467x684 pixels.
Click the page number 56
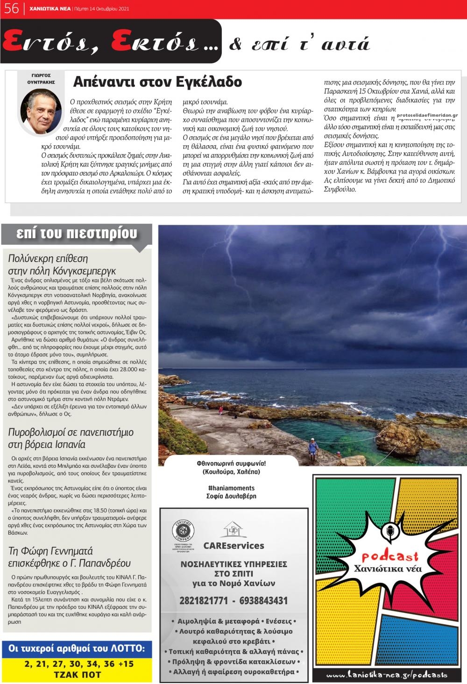tap(11, 8)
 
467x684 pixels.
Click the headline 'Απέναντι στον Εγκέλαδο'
tap(157, 82)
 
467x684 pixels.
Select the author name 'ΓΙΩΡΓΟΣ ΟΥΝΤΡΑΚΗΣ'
tap(41, 78)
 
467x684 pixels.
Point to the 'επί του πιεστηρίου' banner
tap(77, 233)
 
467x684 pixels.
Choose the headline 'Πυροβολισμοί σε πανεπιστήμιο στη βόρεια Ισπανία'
tap(71, 438)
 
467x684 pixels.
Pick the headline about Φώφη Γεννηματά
tap(69, 557)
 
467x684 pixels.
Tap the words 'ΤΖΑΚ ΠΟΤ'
tap(78, 675)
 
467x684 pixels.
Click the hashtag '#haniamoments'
tap(231, 488)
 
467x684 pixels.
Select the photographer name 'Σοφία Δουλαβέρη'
tap(231, 496)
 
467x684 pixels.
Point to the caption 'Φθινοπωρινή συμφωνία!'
tap(231, 464)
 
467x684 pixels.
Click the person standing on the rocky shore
tap(312, 449)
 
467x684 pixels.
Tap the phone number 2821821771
tap(204, 601)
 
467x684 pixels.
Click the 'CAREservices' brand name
tap(233, 546)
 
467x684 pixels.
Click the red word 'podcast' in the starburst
tap(390, 557)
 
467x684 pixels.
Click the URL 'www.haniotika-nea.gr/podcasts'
tap(386, 675)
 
